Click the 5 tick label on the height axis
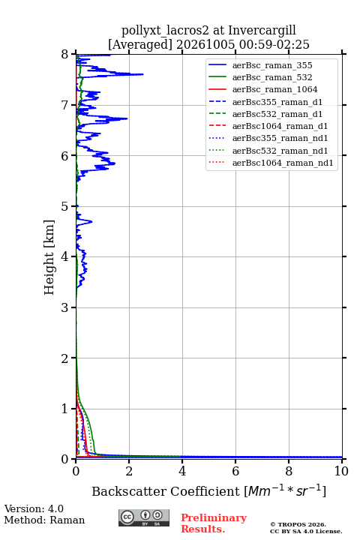point(65,206)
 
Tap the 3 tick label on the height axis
point(65,307)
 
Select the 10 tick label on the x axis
point(341,471)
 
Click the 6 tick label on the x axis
point(235,471)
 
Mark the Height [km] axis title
point(49,257)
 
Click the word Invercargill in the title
point(262,30)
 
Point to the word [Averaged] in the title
point(139,44)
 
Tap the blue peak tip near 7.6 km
point(143,74)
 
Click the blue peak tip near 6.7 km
point(127,118)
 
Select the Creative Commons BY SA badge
point(144,517)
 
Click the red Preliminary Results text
point(214,523)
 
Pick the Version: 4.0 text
point(34,508)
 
